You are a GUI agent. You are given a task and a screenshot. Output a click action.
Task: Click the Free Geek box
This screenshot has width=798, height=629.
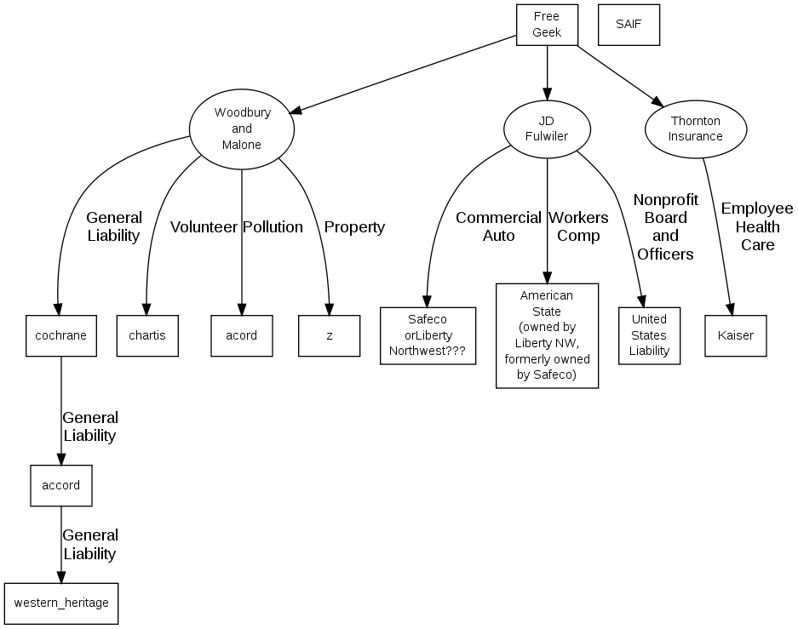(547, 26)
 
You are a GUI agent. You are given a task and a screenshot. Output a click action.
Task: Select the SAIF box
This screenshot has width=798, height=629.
(629, 26)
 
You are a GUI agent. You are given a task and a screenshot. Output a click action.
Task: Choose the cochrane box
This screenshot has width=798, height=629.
(60, 335)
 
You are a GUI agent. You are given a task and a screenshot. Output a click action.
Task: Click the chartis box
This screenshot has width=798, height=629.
(147, 335)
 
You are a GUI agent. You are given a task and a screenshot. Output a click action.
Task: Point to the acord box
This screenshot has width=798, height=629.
(242, 335)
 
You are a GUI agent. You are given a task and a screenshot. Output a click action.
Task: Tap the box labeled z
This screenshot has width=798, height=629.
(329, 335)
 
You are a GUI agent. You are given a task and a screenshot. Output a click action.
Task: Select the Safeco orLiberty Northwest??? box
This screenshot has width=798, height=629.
(428, 335)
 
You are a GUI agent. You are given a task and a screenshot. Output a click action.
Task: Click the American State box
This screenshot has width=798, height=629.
(547, 335)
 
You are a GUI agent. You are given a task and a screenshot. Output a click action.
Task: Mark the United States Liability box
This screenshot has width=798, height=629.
(650, 335)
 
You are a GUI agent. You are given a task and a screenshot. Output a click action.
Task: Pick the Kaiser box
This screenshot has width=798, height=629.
(736, 335)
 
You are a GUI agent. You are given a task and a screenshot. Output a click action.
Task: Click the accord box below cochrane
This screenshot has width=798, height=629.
(60, 486)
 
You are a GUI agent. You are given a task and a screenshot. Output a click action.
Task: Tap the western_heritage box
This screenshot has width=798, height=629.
(60, 603)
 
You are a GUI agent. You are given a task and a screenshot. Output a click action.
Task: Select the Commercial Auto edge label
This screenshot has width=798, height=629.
(498, 226)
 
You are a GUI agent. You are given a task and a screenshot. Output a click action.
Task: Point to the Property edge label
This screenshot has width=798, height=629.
(354, 227)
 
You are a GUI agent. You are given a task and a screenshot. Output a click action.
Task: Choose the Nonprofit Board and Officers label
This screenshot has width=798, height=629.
(666, 226)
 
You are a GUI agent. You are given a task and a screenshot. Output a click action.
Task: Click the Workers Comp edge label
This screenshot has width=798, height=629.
(578, 226)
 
